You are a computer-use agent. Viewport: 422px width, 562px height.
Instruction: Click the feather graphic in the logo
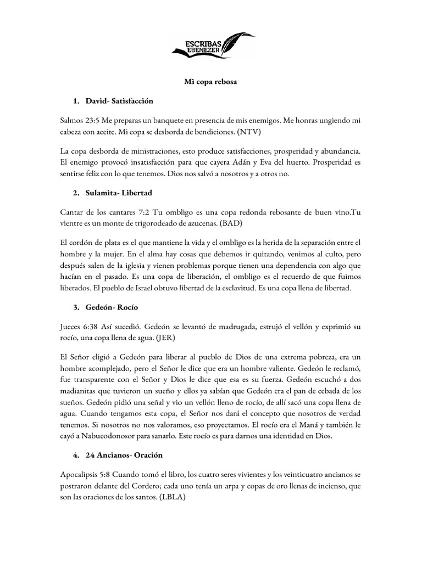tap(236, 41)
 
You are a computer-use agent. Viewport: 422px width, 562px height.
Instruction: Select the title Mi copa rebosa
tap(210, 82)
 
